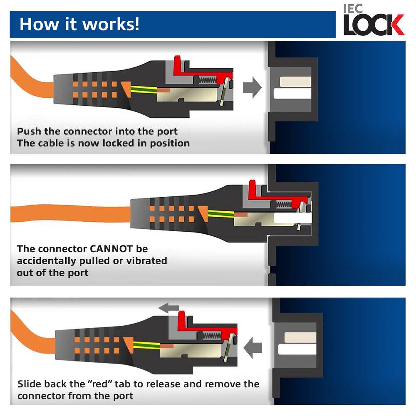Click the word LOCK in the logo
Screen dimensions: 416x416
click(373, 25)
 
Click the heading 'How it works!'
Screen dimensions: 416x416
click(79, 24)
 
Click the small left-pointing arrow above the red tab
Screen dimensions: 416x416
click(169, 308)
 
